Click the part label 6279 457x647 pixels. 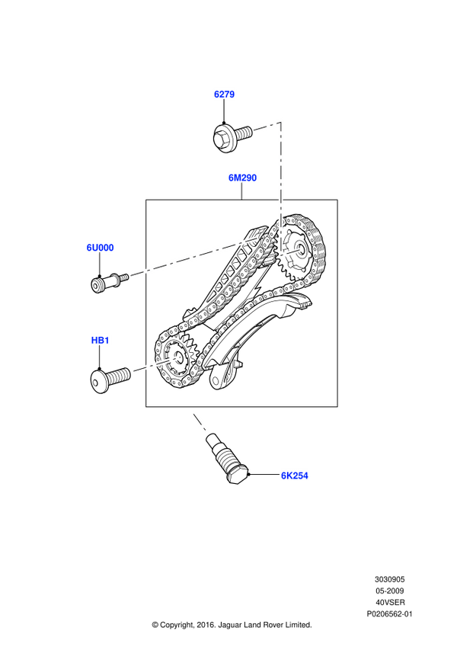[x=224, y=94]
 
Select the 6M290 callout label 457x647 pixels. [x=242, y=178]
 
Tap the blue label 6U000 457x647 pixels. [x=100, y=248]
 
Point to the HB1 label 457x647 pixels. [x=100, y=341]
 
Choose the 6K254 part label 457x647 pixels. [x=295, y=476]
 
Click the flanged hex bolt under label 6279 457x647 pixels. [x=232, y=138]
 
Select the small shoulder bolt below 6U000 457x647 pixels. [x=110, y=282]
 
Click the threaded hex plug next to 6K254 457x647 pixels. [x=227, y=458]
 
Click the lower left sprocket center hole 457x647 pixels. [x=178, y=356]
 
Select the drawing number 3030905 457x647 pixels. [x=389, y=579]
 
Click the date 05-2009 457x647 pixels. [x=389, y=591]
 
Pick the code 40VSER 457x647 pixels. [x=390, y=603]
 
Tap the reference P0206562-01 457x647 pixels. [x=389, y=614]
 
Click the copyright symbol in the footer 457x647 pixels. [x=155, y=625]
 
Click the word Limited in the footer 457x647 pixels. [x=299, y=625]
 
